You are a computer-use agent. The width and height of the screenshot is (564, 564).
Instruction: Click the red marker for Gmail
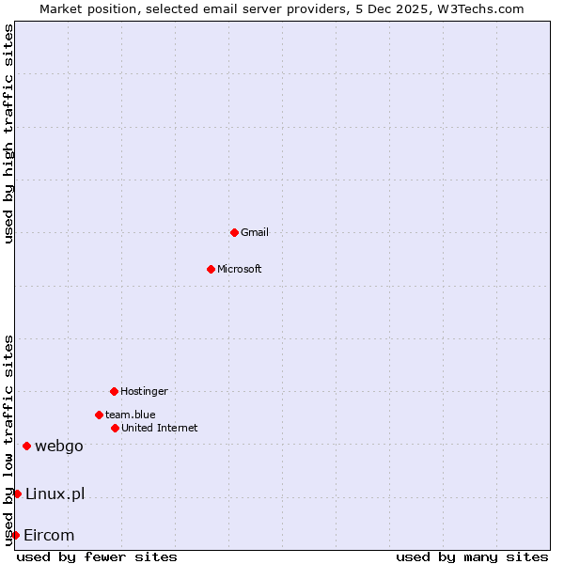(x=234, y=232)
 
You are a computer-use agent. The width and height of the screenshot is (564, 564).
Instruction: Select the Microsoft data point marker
(x=211, y=269)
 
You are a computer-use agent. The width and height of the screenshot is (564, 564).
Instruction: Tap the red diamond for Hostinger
(x=114, y=391)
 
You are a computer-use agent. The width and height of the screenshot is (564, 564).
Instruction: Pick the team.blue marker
(x=99, y=415)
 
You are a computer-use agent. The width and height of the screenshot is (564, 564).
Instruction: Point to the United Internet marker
(x=115, y=428)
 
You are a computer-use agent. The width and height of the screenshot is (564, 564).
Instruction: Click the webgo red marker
(x=26, y=446)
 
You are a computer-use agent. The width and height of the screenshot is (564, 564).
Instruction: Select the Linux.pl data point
(x=17, y=493)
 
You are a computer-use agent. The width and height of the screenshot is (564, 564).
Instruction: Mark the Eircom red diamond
(x=15, y=535)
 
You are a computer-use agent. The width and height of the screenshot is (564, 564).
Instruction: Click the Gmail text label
(x=255, y=232)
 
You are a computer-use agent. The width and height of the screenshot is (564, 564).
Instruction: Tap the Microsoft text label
(x=240, y=269)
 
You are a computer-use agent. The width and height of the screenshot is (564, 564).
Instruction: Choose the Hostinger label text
(x=144, y=391)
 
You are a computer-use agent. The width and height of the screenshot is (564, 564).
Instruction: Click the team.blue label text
(x=131, y=415)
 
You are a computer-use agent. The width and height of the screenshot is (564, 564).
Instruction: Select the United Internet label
(x=160, y=428)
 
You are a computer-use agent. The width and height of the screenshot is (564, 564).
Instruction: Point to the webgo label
(x=59, y=446)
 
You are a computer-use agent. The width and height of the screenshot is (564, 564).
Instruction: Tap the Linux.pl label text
(x=55, y=493)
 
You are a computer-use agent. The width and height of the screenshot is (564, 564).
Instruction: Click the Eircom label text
(x=49, y=535)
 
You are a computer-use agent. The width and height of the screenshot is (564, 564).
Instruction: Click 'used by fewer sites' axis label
(x=97, y=556)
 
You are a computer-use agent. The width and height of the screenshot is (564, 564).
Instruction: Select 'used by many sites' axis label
(x=472, y=556)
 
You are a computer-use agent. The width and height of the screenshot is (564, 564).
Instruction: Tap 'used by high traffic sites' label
(x=9, y=133)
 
